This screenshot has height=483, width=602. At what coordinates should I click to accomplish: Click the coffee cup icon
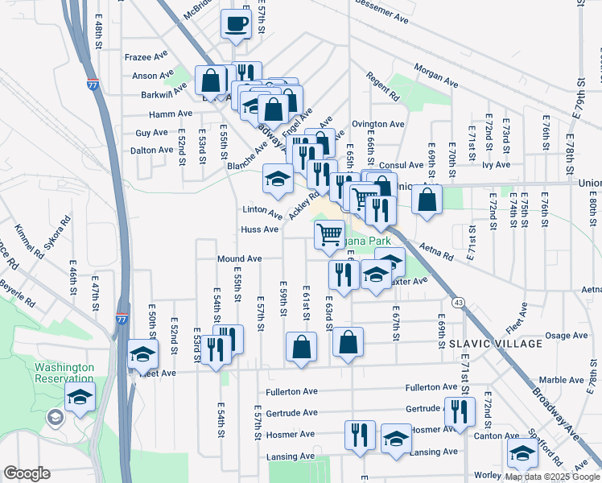coord(237,23)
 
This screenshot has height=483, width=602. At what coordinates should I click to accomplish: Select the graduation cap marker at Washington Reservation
coord(80,396)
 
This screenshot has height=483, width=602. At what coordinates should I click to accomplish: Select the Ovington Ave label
coord(377,124)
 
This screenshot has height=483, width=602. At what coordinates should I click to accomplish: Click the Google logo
coord(27,473)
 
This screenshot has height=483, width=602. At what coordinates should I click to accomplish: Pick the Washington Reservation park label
coord(64,373)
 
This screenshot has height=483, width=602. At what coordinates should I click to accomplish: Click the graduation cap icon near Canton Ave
coord(522,453)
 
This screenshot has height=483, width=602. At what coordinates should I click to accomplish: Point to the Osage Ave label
coord(567,336)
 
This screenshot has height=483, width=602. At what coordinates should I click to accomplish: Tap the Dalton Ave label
coord(152,150)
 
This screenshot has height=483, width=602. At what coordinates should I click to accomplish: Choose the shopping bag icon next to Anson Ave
coord(210,80)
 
